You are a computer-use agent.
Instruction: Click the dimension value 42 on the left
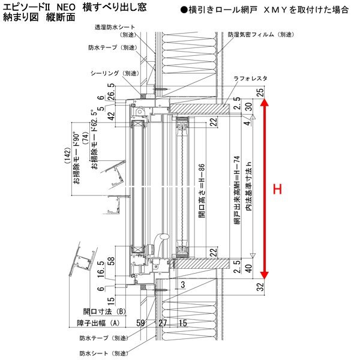click(x=111, y=117)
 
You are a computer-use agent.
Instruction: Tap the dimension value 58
click(x=111, y=262)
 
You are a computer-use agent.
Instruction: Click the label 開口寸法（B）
click(x=104, y=311)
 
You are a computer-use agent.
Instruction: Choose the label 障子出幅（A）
click(x=104, y=324)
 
